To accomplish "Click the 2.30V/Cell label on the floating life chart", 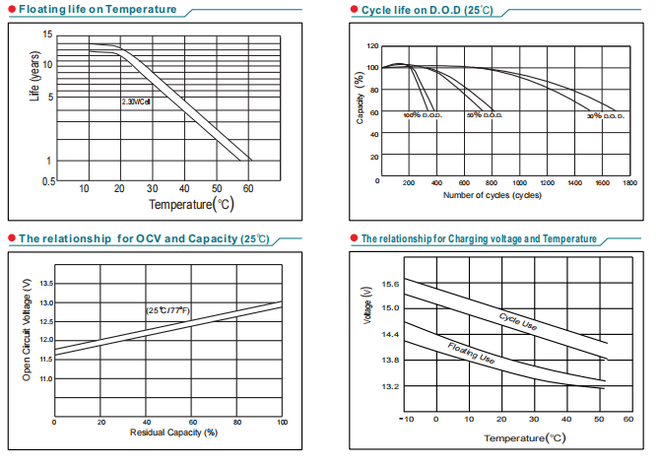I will point(136,101).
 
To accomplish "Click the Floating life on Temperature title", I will point(99,10).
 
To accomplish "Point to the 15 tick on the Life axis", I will point(47,34).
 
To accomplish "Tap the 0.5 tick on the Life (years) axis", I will point(47,182).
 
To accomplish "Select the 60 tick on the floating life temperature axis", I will point(249,188).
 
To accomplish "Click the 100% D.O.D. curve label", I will point(423,116).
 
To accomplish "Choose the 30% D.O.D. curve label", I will point(606,116).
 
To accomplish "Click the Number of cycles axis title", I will point(493,195).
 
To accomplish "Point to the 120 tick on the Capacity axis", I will point(371,46).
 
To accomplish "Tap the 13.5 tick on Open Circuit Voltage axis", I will point(44,284).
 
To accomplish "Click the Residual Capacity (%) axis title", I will point(173,432).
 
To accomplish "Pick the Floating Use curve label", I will point(471,354).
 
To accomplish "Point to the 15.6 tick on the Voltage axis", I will point(391,284).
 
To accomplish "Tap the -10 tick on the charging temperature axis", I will point(405,419).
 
